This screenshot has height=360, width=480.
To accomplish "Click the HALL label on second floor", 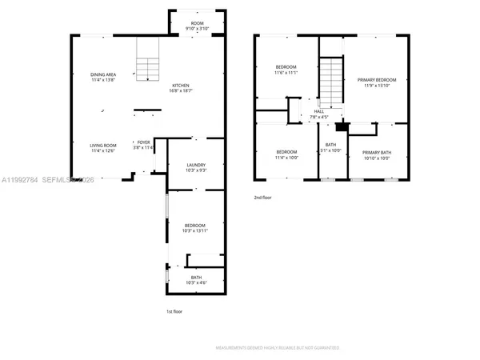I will [x=318, y=114].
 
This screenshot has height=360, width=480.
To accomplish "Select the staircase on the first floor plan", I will [x=146, y=68].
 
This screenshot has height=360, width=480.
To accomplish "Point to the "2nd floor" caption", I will [x=263, y=197].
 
